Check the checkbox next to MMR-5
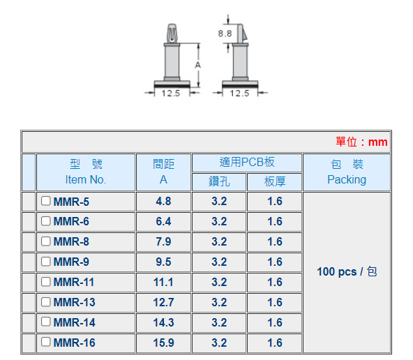click(x=45, y=201)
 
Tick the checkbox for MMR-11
click(x=45, y=282)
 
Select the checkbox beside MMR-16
click(x=45, y=342)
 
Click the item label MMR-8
click(x=71, y=242)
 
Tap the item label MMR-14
click(x=74, y=322)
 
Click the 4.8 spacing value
click(x=163, y=202)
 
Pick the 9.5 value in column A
click(x=163, y=262)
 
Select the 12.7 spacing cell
click(x=163, y=302)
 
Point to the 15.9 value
click(x=163, y=343)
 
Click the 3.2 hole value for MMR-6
click(x=219, y=221)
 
